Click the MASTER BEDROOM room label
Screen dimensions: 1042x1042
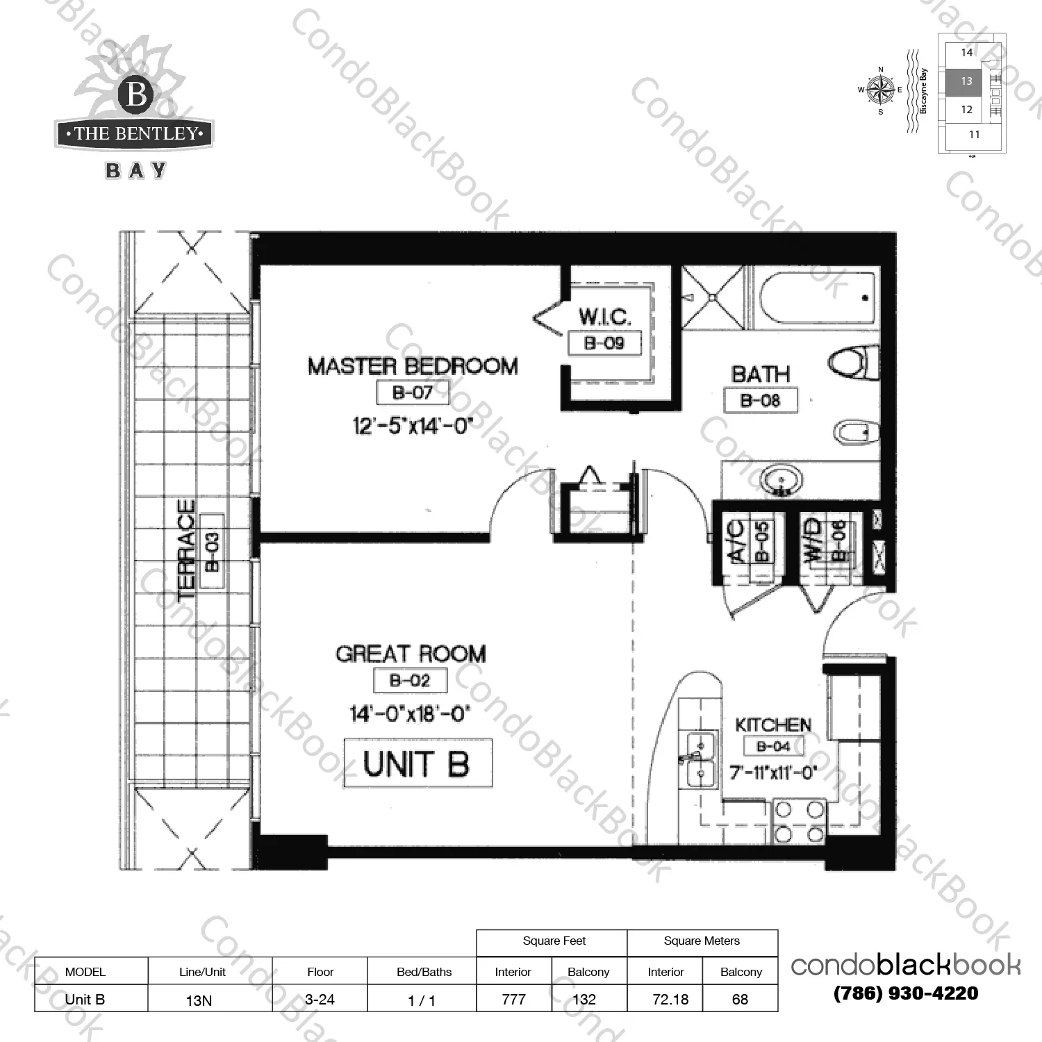(413, 366)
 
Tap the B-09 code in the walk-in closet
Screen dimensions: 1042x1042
(604, 342)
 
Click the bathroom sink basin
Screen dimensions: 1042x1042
(781, 480)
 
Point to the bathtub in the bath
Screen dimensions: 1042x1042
(816, 299)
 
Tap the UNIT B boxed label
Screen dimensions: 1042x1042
(417, 763)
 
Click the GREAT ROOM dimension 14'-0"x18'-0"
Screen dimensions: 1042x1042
(410, 713)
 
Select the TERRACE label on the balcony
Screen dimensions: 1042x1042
(186, 549)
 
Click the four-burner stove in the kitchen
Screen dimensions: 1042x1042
(799, 821)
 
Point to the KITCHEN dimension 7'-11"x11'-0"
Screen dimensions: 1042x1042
(773, 772)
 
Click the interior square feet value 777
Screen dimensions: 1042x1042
(513, 999)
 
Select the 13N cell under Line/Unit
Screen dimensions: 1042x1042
(199, 1000)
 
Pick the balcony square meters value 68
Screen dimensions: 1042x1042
(740, 999)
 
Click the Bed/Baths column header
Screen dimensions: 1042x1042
(424, 972)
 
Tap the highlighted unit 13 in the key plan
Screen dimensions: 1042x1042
(966, 81)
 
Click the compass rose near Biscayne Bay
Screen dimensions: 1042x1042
(881, 90)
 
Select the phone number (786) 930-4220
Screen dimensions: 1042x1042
(905, 993)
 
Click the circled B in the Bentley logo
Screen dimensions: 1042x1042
(136, 94)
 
